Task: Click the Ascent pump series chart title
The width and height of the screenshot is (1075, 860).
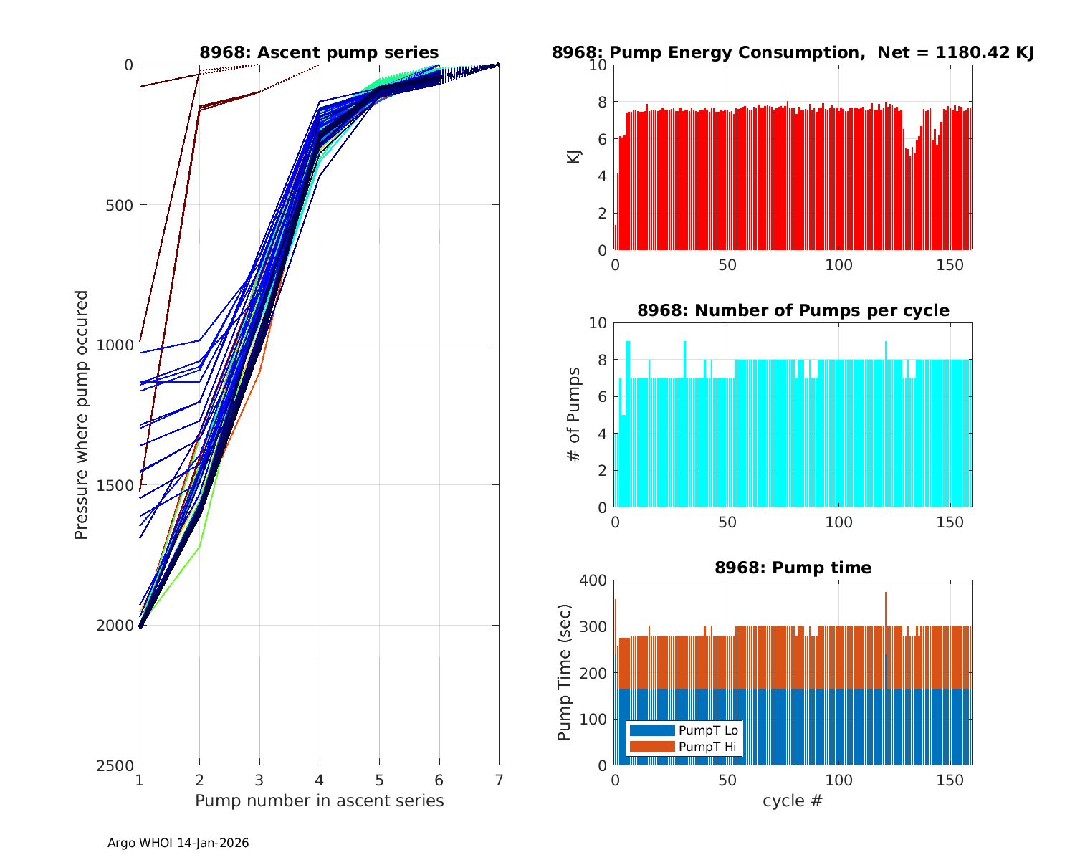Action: pos(319,52)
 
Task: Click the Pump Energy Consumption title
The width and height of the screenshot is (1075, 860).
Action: pos(793,52)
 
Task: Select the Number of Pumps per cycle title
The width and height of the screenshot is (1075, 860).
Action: pos(793,310)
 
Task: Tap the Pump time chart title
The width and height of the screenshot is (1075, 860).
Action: pos(793,568)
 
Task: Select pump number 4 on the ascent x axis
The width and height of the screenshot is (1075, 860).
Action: pos(320,780)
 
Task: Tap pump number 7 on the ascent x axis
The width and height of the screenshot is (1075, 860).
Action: pos(499,780)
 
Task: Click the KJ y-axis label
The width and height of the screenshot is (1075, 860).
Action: pos(574,157)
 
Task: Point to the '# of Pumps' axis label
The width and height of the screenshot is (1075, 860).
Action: pos(574,414)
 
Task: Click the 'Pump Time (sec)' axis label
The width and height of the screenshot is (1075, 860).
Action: pos(565,672)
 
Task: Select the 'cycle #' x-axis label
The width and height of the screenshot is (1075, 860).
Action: pos(793,801)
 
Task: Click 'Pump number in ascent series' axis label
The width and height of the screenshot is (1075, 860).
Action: pos(319,801)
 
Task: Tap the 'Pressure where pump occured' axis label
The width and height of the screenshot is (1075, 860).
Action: pos(82,414)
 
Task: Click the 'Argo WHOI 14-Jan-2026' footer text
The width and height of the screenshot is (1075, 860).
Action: pos(178,844)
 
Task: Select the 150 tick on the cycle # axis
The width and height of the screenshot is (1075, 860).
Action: pos(950,780)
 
